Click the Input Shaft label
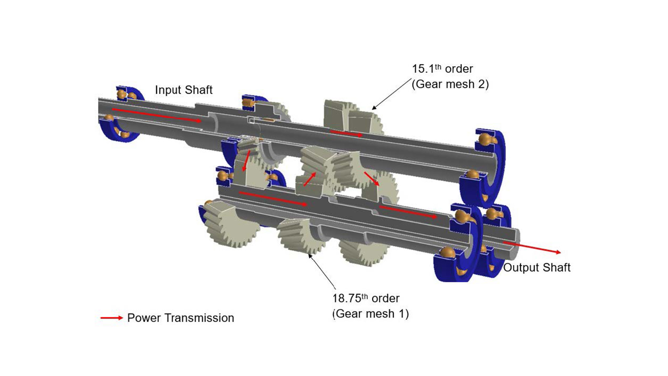183,90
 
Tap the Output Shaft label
536,267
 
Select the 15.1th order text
442,69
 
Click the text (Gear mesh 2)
450,84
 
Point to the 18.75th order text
366,298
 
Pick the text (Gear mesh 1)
371,314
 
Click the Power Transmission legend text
180,318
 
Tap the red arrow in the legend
112,318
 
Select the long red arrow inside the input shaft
156,115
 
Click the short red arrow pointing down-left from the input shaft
246,161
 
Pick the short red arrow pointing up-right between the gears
310,179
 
